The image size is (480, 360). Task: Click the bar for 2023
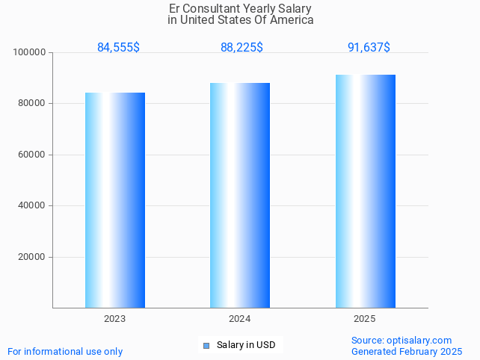point(115,200)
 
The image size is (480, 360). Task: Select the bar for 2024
point(240,195)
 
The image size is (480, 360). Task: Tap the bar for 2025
point(365,191)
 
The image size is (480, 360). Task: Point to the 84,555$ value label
point(118,48)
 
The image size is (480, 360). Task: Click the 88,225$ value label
point(241,48)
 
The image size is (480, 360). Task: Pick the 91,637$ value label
point(369,48)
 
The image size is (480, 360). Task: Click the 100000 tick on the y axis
point(30,53)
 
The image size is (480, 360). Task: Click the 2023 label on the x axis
point(115,319)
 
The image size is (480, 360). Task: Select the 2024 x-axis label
point(240,319)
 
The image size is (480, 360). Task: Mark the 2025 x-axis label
point(365,319)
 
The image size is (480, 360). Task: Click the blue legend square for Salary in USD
point(206,345)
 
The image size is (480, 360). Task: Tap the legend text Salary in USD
point(246,345)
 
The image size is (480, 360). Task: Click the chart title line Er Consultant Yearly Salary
point(240,9)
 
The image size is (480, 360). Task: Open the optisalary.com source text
point(401,341)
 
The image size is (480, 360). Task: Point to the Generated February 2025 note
point(407,352)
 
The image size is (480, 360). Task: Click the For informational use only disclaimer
point(65,352)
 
